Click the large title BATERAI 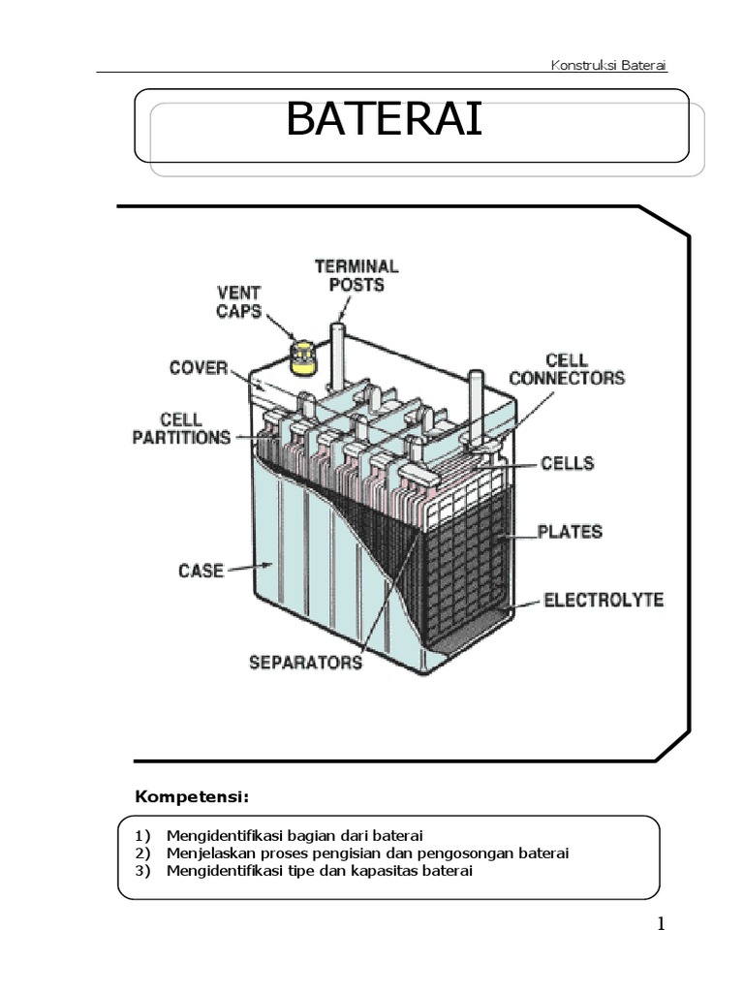(384, 124)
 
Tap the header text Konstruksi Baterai (608, 65)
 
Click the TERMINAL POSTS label (356, 275)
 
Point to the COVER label (198, 369)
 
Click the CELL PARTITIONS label (181, 427)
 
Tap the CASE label (201, 571)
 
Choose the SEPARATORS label (306, 664)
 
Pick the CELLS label (567, 464)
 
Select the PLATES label (571, 532)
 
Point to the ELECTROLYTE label (603, 601)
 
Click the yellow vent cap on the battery (304, 356)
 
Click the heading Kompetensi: (192, 797)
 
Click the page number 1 (661, 924)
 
